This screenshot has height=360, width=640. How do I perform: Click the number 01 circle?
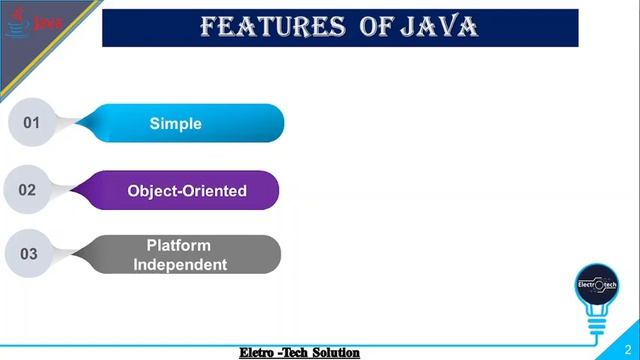(x=30, y=123)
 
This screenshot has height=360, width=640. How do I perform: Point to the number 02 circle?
(x=27, y=189)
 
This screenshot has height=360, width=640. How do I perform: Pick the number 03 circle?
(x=28, y=254)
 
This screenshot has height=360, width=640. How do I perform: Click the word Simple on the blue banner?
(x=175, y=124)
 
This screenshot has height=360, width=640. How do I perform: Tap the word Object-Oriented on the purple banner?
(x=187, y=190)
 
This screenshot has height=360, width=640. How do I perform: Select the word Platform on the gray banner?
(x=179, y=245)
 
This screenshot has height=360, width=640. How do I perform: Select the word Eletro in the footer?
(x=259, y=353)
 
